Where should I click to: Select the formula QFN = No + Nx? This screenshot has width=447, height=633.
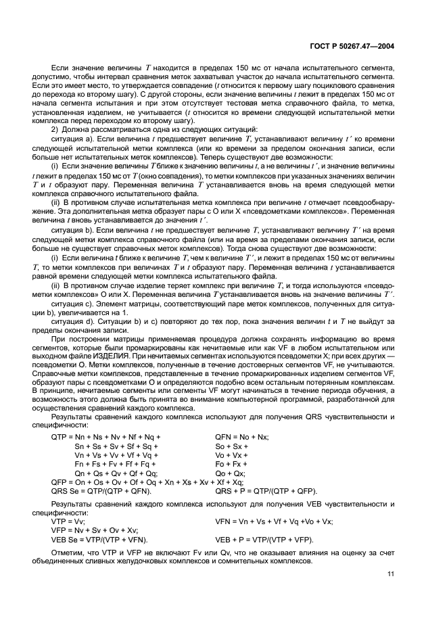241,438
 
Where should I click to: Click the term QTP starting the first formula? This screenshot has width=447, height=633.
60,438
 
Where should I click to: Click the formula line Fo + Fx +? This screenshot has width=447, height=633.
231,464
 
